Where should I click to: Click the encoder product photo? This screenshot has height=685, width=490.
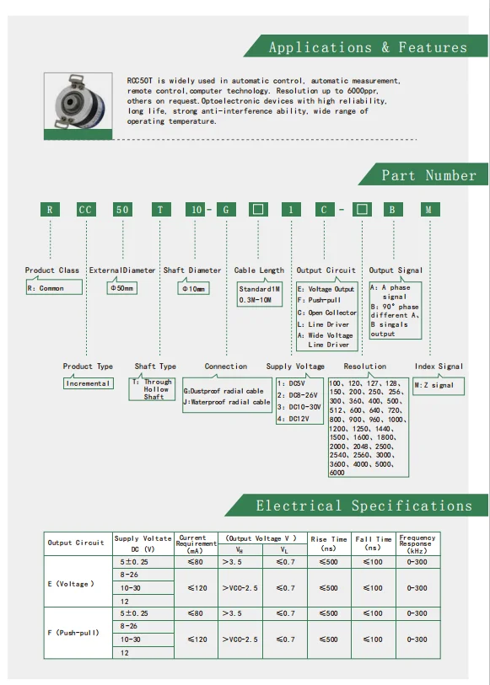tap(81, 101)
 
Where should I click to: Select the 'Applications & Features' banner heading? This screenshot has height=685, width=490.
tap(367, 47)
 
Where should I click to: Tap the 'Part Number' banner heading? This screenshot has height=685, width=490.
tap(428, 175)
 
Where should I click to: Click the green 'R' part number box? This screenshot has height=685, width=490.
tap(51, 210)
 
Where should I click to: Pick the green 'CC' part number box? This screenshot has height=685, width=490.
tap(86, 210)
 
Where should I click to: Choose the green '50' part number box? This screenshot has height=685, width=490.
tap(122, 210)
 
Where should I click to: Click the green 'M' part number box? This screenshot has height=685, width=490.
tap(429, 210)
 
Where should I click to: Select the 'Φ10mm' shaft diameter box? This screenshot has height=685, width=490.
tap(192, 288)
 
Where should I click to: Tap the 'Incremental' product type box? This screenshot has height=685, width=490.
tap(88, 383)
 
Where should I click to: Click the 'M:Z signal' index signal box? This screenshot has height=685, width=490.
tap(435, 385)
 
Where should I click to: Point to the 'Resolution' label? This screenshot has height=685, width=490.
tap(364, 367)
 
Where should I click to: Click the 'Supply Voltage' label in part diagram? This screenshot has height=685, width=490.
tap(295, 367)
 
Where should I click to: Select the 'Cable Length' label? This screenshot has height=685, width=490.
tap(259, 270)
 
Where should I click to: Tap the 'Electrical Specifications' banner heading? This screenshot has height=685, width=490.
tap(363, 506)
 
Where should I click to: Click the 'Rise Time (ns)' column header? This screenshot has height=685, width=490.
tap(328, 543)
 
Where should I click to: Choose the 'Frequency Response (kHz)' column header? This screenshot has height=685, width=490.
tap(417, 543)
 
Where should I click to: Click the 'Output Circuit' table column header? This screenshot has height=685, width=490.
tap(76, 543)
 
